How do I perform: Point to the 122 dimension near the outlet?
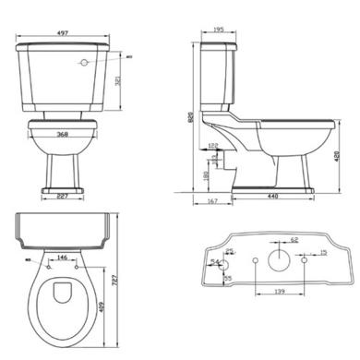(213, 146)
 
